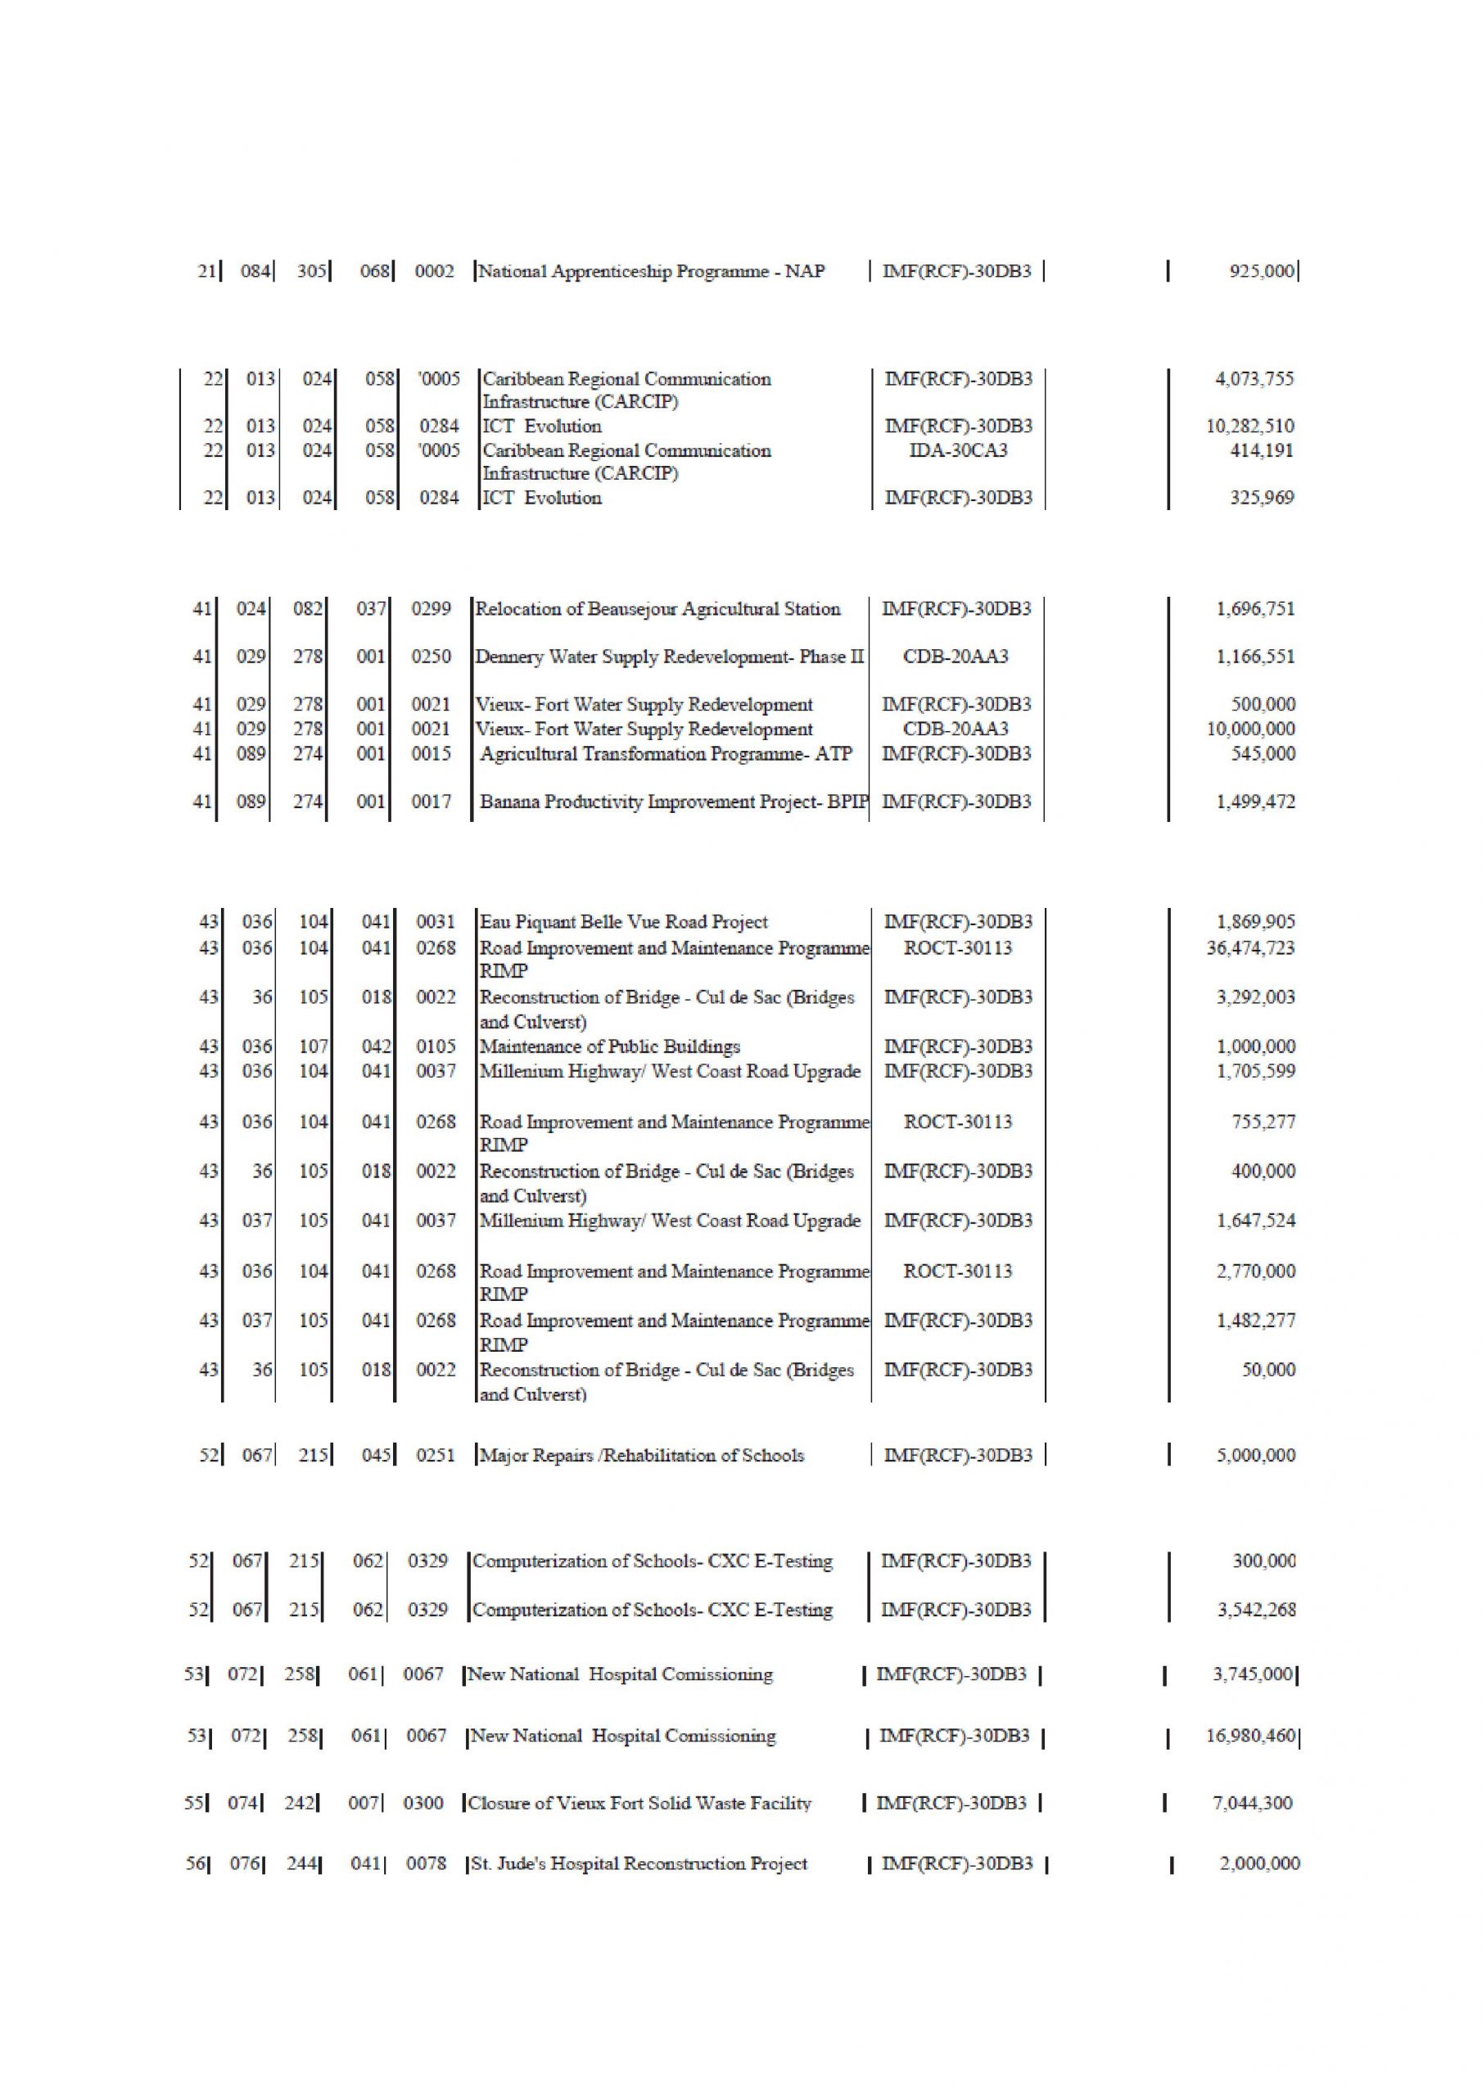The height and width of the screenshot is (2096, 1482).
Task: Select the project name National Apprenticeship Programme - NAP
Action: (652, 271)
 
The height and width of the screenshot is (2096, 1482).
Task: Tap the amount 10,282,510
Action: (1249, 427)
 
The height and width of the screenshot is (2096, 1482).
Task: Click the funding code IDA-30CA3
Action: (958, 450)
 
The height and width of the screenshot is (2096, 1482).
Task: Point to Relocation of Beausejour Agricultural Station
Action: (657, 609)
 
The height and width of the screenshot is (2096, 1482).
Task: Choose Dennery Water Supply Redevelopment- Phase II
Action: (669, 657)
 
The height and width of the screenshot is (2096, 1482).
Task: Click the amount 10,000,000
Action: (1250, 729)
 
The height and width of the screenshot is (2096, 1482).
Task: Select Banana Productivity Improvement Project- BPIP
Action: (674, 802)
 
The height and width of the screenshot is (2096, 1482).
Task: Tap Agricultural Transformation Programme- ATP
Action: (666, 753)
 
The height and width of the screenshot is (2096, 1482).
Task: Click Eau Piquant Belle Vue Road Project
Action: (624, 922)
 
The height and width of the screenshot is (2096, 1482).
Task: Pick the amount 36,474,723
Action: (1250, 947)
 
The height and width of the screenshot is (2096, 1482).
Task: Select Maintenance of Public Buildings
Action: (610, 1046)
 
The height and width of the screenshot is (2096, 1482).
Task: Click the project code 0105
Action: (436, 1046)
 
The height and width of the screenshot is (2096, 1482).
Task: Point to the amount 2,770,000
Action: (1254, 1271)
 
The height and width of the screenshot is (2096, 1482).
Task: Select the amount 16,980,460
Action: (1250, 1736)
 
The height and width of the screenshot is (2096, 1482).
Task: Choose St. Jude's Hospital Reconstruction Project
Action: (639, 1863)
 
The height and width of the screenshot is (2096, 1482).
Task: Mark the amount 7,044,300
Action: (1252, 1803)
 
